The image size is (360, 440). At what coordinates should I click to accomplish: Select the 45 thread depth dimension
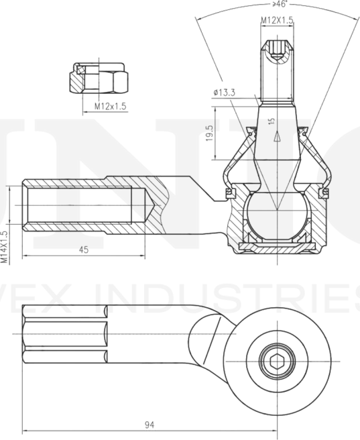84,250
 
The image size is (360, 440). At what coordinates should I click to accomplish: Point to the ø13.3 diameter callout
224,93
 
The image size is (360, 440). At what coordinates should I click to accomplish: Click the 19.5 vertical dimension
210,133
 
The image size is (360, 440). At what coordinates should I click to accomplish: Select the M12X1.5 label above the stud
277,21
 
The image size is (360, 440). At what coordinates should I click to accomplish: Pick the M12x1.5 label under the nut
109,106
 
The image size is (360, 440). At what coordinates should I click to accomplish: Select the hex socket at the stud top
277,51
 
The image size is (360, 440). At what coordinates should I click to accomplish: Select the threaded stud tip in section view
277,67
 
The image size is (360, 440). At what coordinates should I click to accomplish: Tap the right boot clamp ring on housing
325,193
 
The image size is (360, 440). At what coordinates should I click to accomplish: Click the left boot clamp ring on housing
229,193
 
